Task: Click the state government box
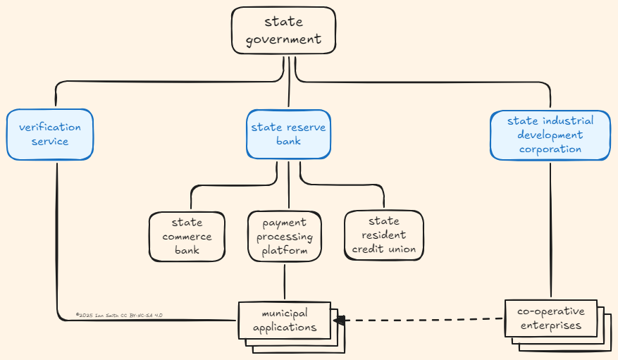pos(283,30)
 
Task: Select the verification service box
pos(50,134)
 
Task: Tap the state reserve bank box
pos(288,134)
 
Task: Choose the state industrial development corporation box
pos(550,135)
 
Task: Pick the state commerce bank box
pos(187,236)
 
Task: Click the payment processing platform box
pos(284,236)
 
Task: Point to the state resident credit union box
pos(383,235)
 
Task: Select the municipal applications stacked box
pos(285,320)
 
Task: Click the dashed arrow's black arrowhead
pos(340,321)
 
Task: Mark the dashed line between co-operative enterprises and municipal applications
pos(423,320)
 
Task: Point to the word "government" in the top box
pos(283,39)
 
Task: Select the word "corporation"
pos(550,149)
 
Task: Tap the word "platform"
pos(285,250)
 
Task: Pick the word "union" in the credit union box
pos(401,249)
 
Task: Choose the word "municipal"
pos(285,313)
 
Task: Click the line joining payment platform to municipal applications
pos(285,282)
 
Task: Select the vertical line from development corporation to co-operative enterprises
pos(550,225)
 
